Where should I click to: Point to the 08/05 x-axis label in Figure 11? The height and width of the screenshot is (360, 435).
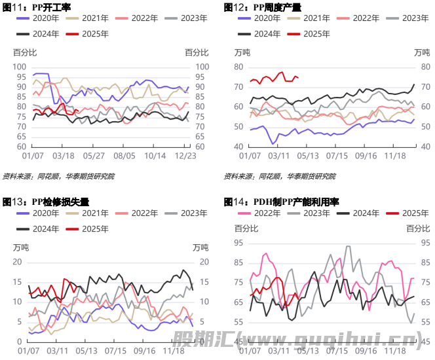click(124, 157)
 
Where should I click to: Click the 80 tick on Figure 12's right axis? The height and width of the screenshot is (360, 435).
click(424, 67)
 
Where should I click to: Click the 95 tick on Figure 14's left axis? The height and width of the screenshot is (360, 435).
click(238, 242)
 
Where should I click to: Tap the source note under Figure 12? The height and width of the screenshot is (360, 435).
click(279, 176)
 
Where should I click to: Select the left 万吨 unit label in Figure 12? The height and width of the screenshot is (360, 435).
click(242, 52)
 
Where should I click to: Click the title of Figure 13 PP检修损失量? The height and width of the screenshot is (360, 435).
click(45, 202)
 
